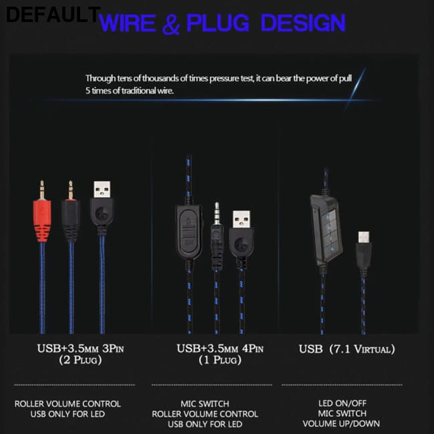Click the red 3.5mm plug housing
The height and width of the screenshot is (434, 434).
click(42, 220)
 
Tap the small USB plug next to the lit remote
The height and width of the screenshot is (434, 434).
click(363, 249)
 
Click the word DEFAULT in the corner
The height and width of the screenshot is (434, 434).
click(53, 15)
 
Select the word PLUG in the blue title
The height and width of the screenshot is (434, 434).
click(218, 23)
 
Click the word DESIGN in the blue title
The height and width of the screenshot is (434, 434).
click(303, 23)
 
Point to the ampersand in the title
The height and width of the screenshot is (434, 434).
click(171, 24)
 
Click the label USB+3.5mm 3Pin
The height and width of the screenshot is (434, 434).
click(80, 349)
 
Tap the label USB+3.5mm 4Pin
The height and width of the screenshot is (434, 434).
click(220, 349)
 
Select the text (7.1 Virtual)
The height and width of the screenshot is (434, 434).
click(362, 349)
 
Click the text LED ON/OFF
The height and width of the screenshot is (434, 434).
click(343, 403)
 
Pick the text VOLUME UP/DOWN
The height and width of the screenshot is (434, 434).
click(341, 423)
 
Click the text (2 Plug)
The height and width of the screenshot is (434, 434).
click(80, 360)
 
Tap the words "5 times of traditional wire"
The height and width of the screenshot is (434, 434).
click(130, 91)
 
